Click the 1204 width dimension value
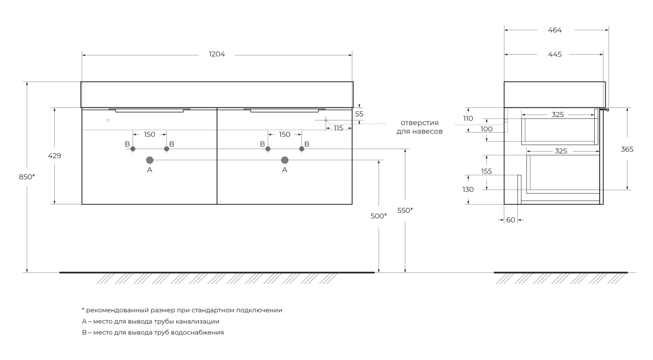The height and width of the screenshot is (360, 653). coord(217,54)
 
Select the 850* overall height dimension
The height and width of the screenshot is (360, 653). coord(27,177)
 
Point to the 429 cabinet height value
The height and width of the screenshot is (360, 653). coord(54,156)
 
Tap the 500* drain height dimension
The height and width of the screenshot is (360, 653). coord(379,215)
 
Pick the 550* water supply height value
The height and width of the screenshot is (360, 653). coord(405,210)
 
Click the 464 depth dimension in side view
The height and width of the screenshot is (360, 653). coord(555,30)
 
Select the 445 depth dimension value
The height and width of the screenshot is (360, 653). coord(555,54)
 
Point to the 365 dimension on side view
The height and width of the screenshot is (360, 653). coord(627,149)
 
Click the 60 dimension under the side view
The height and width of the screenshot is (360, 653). coord(511,220)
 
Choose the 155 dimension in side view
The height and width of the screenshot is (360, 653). coord(486,171)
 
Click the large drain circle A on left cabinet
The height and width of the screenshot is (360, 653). coord(150,160)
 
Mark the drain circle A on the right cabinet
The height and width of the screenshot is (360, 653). coord(285,160)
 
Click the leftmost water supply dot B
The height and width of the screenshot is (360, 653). coord(133,149)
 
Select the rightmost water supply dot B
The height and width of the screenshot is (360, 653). coord(302,149)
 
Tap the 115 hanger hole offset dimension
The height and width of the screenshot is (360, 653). coord(338,129)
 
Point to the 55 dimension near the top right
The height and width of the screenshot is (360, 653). coord(359,114)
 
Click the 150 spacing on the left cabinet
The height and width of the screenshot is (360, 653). coord(150,134)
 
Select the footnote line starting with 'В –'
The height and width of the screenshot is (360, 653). coord(153,332)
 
